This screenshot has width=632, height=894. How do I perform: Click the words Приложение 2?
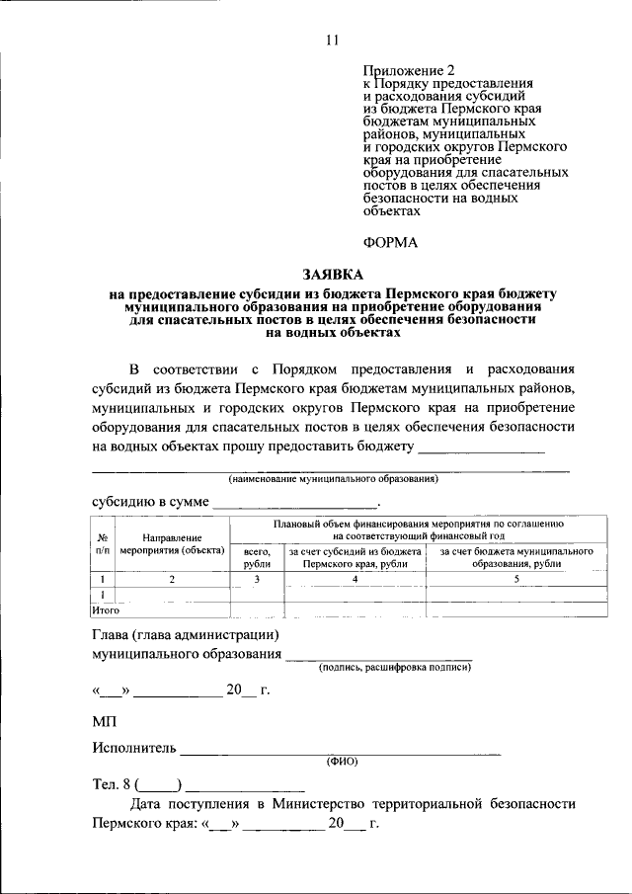[x=403, y=72]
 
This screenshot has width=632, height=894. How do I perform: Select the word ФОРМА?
[x=391, y=242]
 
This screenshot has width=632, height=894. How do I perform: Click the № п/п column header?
[x=103, y=543]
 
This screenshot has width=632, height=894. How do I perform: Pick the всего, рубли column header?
[x=256, y=556]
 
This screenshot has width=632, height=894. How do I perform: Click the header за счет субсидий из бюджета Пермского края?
[x=355, y=556]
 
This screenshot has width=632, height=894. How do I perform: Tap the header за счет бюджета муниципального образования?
[x=515, y=556]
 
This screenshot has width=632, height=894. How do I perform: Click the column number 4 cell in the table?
[x=355, y=579]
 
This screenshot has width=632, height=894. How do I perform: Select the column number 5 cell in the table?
[x=515, y=579]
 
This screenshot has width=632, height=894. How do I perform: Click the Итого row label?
[x=105, y=610]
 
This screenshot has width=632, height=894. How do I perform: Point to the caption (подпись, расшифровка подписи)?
[x=394, y=668]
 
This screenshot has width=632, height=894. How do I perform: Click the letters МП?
[x=104, y=724]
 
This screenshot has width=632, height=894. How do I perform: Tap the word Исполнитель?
[x=133, y=750]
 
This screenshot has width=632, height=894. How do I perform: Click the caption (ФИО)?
[x=342, y=762]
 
